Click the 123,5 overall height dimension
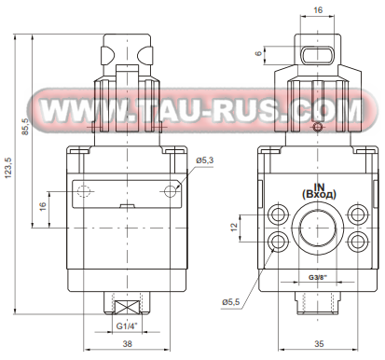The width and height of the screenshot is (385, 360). coord(8,167)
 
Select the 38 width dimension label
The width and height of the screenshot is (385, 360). coord(127,343)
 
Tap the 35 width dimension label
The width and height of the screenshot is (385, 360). coord(319,343)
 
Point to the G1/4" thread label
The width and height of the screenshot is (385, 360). coord(127,326)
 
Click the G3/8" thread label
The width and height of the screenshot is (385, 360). coord(318,277)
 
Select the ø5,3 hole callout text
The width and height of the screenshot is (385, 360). coord(205,160)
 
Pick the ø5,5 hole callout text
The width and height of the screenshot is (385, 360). coord(231,301)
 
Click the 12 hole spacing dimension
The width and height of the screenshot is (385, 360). coord(235,227)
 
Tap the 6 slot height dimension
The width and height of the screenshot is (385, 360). coord(258,53)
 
